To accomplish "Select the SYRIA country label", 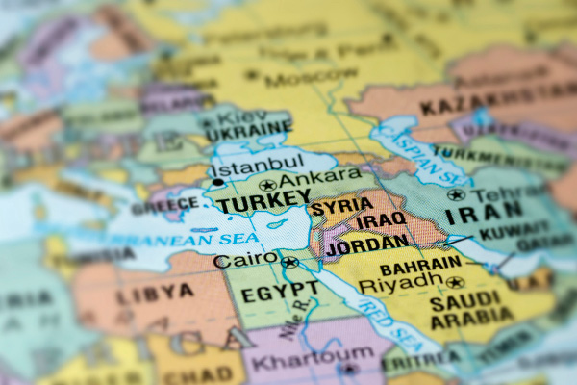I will pyautogui.click(x=341, y=206).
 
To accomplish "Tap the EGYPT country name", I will pyautogui.click(x=280, y=289).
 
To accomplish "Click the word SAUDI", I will pyautogui.click(x=464, y=300).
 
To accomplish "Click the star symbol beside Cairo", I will pyautogui.click(x=289, y=262).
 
